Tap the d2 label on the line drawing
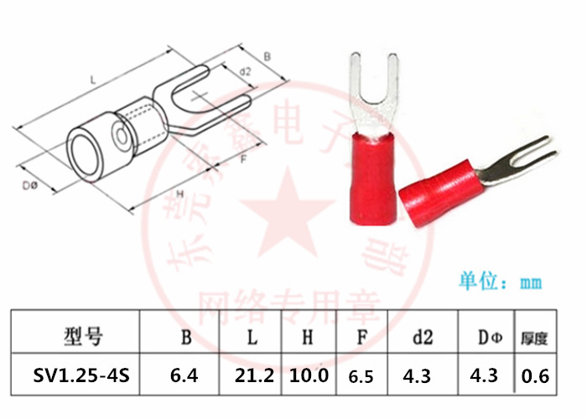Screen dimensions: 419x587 245,72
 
